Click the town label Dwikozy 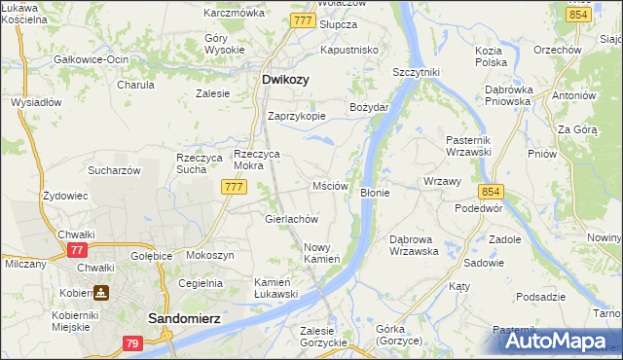(x=286, y=81)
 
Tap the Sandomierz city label (x=187, y=318)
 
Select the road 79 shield (x=133, y=343)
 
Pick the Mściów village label (x=330, y=185)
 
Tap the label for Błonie (x=375, y=193)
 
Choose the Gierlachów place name (x=292, y=219)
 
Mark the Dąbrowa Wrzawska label (x=414, y=244)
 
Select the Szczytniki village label (x=417, y=72)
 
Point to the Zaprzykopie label (x=296, y=115)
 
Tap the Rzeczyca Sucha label (x=192, y=163)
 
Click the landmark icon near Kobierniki (x=101, y=291)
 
